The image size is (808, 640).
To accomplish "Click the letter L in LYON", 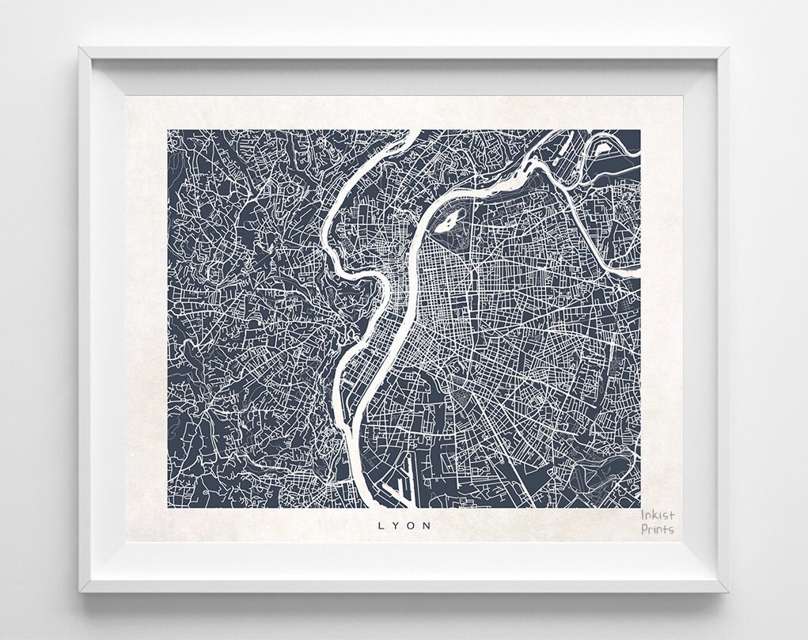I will tap(381, 524).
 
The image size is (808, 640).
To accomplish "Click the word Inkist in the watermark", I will tap(658, 516).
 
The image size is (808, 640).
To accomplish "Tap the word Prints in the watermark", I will tap(658, 529).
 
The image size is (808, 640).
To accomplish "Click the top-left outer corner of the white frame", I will tap(79, 47).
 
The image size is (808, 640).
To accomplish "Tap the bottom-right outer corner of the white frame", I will tap(728, 593).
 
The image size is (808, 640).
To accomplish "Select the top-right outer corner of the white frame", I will tap(728, 47).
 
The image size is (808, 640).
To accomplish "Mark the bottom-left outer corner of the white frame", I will tap(79, 593).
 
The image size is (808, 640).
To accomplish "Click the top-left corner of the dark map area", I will tap(168, 131).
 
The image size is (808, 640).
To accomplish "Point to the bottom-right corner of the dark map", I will tap(640, 507).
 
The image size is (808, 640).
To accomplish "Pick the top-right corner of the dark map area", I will tap(640, 131).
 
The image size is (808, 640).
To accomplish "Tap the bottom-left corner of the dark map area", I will tap(168, 507).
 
